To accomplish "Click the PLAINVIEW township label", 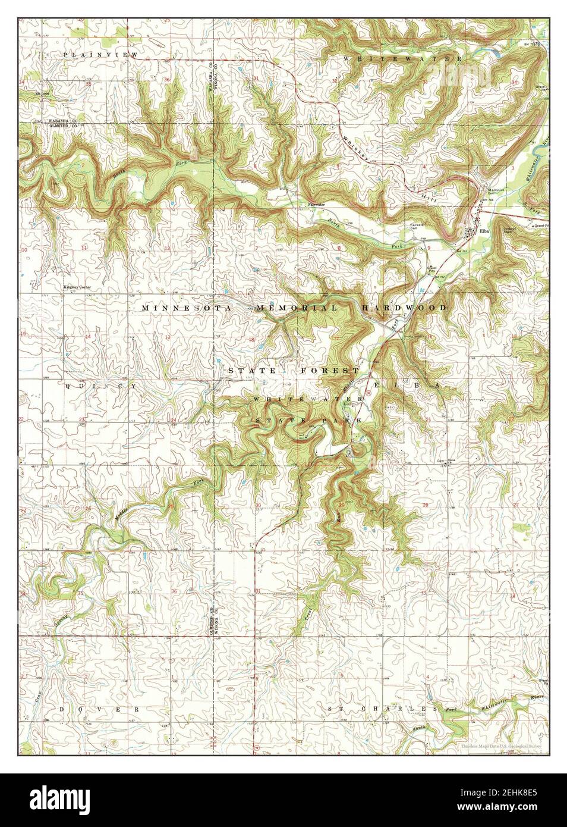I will (x=100, y=55).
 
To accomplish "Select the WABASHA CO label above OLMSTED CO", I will (x=61, y=121).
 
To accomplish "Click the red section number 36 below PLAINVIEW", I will (x=168, y=79).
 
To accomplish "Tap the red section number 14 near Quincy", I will (x=87, y=337).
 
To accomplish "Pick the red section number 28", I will (x=425, y=505).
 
